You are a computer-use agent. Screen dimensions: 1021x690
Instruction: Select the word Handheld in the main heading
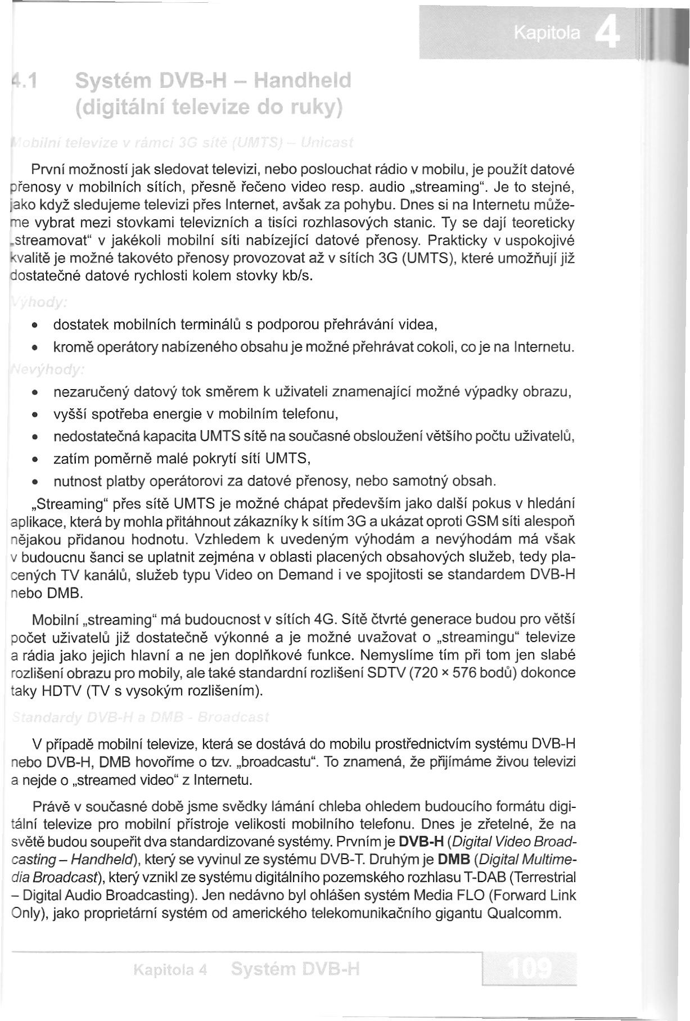(303, 81)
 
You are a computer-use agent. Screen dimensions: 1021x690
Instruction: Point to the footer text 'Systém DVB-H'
(295, 969)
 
